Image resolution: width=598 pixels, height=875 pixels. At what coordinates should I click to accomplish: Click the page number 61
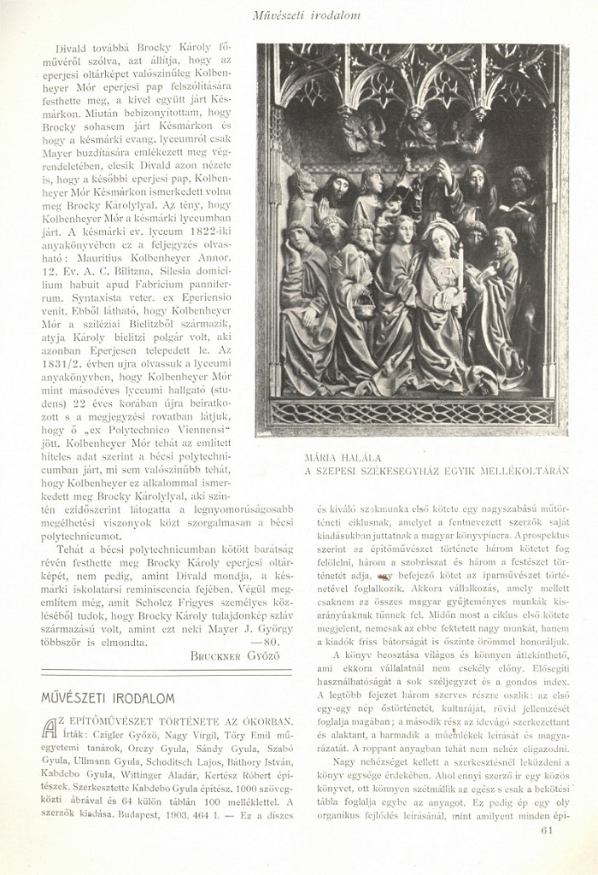coord(547,828)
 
